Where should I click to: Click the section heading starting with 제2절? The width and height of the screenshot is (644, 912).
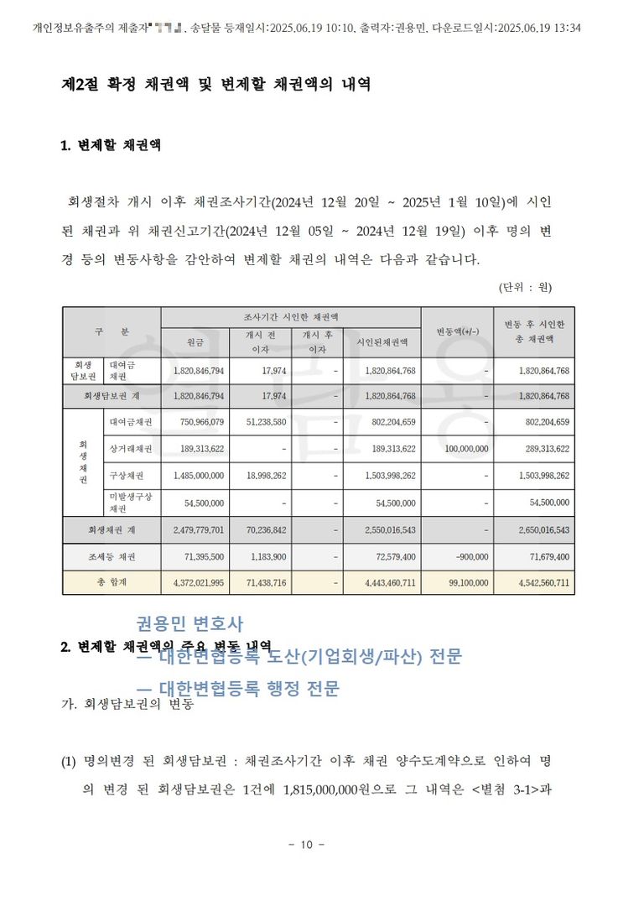tap(216, 85)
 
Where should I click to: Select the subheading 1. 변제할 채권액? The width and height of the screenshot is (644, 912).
tap(111, 145)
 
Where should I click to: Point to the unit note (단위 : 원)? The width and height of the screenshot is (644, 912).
tap(524, 287)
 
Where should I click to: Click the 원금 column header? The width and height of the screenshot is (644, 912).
tap(195, 341)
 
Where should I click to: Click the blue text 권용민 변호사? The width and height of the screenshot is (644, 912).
tap(190, 623)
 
